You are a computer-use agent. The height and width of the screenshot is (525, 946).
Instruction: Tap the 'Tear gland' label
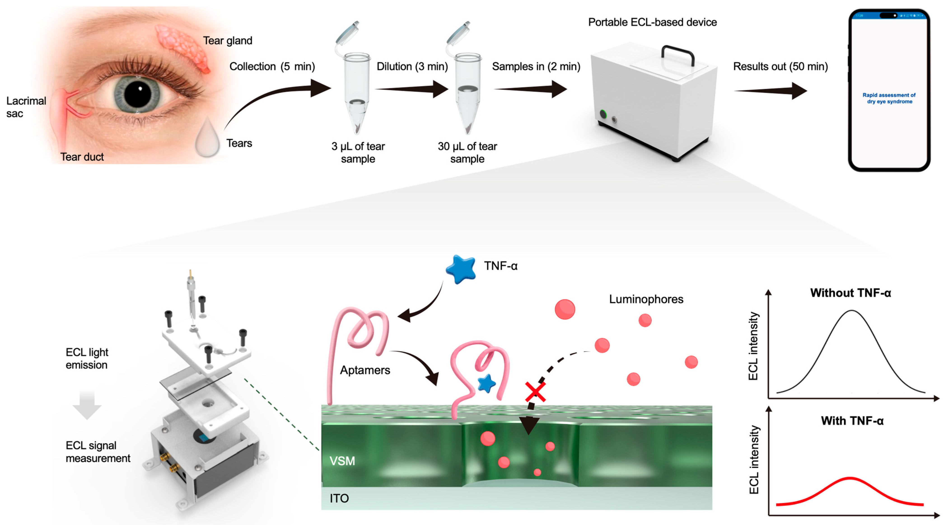click(x=227, y=41)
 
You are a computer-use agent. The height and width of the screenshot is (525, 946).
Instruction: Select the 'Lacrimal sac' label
click(x=26, y=107)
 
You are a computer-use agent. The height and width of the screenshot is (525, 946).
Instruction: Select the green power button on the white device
click(x=603, y=114)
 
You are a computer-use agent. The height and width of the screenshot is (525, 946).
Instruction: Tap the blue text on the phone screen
click(x=889, y=98)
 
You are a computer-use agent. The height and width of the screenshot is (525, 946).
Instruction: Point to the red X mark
click(x=535, y=392)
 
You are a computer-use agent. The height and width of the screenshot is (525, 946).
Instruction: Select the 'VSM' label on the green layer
click(x=342, y=461)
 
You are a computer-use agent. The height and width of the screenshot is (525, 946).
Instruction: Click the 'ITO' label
click(x=339, y=498)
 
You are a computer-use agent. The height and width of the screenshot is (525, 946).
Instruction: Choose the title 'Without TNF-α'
click(x=850, y=293)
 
